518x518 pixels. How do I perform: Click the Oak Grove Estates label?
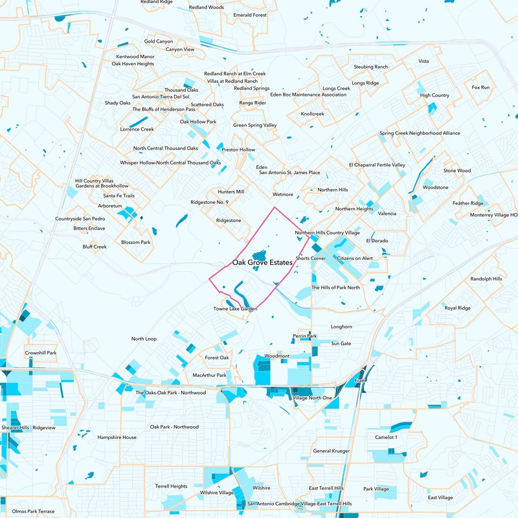[x=262, y=262]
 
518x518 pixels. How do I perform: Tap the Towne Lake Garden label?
[x=235, y=309]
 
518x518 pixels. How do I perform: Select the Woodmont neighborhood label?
[x=276, y=356]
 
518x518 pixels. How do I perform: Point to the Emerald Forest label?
[x=250, y=14]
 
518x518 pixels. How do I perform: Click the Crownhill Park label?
[x=41, y=353]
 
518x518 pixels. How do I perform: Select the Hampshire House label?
[x=117, y=437]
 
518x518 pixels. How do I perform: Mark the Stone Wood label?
[x=456, y=171]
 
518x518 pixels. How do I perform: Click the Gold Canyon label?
[x=159, y=41]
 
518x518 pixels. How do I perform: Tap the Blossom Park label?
[x=135, y=242]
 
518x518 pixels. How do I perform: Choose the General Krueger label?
[x=331, y=451]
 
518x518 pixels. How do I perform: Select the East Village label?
[x=440, y=497]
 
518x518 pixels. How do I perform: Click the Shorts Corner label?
[x=310, y=258]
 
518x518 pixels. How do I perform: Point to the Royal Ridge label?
[x=457, y=308]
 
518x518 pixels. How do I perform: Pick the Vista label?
[x=424, y=61]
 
